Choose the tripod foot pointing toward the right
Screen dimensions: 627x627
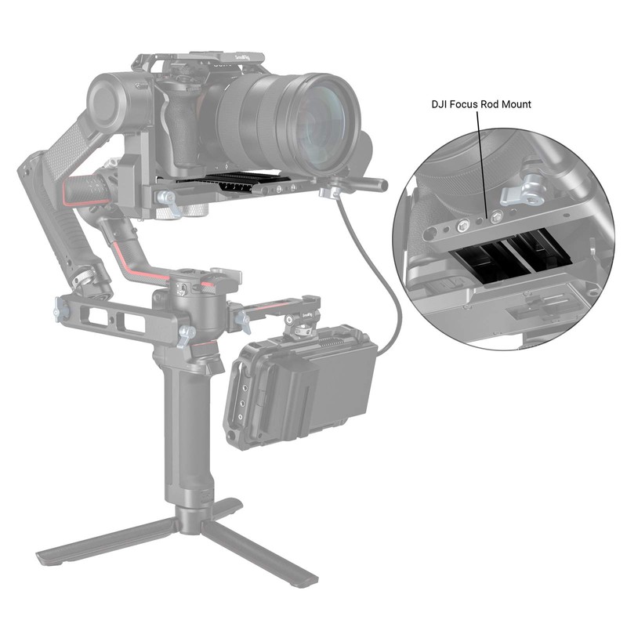(x=270, y=560)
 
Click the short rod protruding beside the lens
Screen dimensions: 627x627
(x=368, y=185)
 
